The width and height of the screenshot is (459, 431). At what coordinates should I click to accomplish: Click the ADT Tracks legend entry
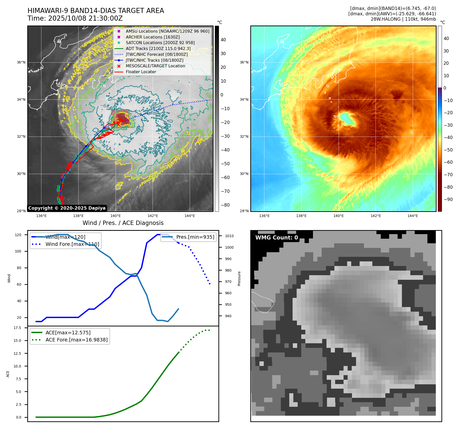click(158, 48)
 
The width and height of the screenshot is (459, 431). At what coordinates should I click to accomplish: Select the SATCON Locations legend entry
click(160, 43)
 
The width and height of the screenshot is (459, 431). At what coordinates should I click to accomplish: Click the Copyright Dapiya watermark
click(67, 208)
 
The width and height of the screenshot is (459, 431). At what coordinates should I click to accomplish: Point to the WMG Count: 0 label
click(277, 238)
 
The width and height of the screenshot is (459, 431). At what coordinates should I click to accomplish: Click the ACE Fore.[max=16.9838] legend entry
click(76, 340)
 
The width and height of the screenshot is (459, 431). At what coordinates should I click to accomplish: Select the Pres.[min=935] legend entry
click(195, 237)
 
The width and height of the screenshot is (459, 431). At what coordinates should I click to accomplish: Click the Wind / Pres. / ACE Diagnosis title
click(123, 223)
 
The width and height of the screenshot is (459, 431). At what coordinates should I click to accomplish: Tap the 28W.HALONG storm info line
click(403, 19)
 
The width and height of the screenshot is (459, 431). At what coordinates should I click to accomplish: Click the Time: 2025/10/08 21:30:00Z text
click(75, 18)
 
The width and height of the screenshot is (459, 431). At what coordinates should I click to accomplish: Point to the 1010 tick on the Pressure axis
click(229, 236)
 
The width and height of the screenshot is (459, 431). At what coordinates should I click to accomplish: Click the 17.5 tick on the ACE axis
click(17, 328)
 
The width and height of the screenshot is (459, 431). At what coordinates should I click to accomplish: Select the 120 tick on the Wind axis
click(18, 235)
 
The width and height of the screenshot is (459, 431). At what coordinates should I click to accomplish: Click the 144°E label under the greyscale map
click(190, 216)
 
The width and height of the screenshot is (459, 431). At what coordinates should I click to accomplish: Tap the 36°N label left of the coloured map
click(244, 62)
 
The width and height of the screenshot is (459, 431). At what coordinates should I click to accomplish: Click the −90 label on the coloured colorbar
click(448, 199)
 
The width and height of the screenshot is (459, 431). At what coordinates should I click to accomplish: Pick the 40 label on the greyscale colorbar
click(223, 40)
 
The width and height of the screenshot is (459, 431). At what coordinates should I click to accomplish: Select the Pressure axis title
click(239, 278)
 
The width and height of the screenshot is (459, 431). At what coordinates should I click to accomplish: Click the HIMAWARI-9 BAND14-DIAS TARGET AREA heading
click(96, 11)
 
